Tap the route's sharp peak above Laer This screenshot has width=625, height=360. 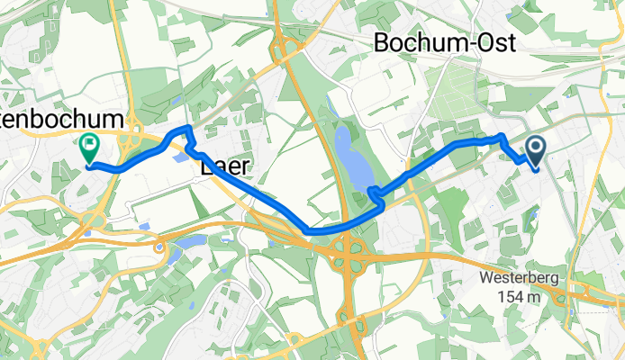pyautogui.click(x=187, y=128)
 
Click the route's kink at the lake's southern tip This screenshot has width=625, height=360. pyautogui.click(x=371, y=192)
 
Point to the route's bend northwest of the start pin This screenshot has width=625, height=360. pyautogui.click(x=501, y=136)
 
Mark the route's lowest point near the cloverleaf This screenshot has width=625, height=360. pyautogui.click(x=311, y=231)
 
